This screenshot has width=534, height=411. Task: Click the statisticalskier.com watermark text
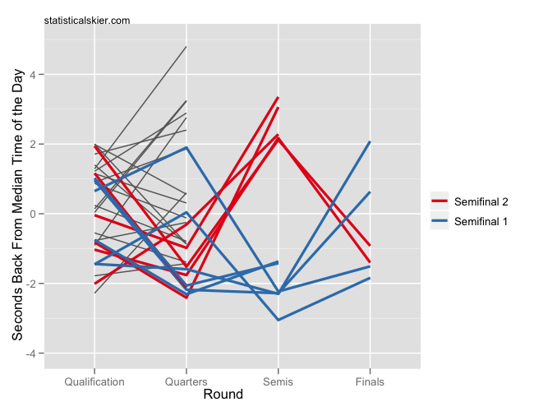coord(87,20)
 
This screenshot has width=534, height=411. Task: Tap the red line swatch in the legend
coord(440,201)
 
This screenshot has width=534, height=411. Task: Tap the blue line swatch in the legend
coord(440,220)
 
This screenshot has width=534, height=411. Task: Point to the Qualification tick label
coord(94,382)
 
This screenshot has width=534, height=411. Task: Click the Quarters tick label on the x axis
coord(186,382)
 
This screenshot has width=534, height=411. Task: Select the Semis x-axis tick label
coord(278,382)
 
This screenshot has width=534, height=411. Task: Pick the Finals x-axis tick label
coord(370,382)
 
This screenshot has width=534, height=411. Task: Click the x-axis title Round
coord(223,395)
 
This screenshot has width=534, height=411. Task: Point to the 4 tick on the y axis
coord(40,75)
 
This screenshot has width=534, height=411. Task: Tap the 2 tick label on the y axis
coord(40,145)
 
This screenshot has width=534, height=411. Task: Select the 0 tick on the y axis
coord(40,214)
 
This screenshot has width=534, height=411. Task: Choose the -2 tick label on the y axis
coord(38,284)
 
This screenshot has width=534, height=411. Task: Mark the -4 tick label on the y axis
coord(38,353)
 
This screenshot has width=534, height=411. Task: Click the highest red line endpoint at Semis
coord(278,98)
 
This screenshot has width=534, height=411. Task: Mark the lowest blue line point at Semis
coord(278,320)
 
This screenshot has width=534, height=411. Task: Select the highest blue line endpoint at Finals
coord(370,141)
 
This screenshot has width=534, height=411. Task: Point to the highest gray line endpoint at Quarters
coord(186,47)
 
